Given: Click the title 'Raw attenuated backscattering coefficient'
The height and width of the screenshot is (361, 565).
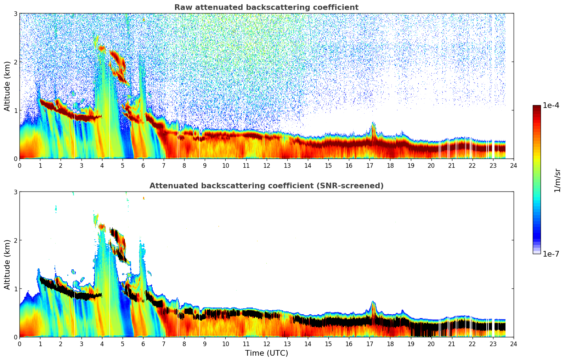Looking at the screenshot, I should click(266, 7).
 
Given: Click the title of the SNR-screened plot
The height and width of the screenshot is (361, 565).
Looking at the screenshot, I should click(266, 186).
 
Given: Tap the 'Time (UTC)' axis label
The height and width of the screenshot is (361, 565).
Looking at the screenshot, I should click(266, 353).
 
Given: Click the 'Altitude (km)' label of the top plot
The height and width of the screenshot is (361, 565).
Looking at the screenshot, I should click(7, 86).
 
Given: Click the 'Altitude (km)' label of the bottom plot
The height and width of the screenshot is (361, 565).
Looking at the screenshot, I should click(7, 264).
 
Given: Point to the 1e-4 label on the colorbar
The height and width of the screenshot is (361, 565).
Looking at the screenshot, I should click(551, 105).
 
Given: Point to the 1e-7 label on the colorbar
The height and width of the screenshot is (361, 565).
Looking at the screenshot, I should click(551, 254).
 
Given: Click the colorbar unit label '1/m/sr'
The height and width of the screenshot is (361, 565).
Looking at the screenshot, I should click(557, 180).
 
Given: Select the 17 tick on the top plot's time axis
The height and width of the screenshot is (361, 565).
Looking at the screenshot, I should click(369, 165).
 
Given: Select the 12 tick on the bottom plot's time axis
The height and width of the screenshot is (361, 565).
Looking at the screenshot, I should click(266, 344).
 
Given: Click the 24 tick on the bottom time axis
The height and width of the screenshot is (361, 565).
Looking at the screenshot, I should click(513, 344).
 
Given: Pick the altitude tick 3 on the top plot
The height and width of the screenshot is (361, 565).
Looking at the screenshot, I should click(15, 13).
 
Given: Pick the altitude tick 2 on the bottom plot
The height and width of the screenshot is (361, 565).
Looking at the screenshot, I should click(15, 240).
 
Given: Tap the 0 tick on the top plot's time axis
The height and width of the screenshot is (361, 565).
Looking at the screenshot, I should click(19, 165).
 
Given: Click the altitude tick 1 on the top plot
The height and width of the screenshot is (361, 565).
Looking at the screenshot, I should click(15, 110).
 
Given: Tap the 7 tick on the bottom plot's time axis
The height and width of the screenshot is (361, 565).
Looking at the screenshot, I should click(164, 344).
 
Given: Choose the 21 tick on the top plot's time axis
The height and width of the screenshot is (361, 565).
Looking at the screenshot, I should click(452, 165).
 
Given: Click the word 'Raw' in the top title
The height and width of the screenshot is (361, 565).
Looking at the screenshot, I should click(182, 7).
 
